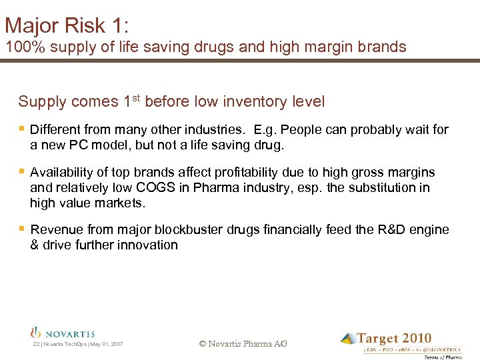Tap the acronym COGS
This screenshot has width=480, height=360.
(173, 187)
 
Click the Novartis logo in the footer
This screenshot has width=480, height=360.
(63, 333)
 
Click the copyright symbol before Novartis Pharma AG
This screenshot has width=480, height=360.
(203, 344)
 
